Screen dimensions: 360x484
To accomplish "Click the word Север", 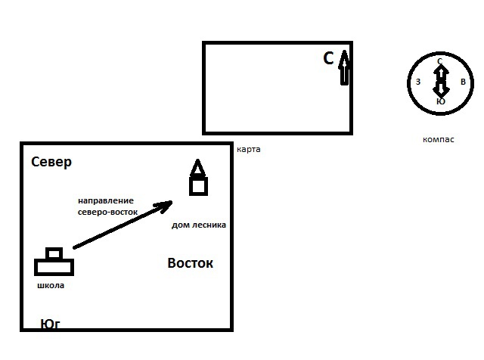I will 51,163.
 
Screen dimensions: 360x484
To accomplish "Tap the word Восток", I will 190,263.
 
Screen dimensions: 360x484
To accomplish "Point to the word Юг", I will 50,324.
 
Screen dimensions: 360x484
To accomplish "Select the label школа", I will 51,286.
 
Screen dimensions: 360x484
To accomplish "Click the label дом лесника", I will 199,225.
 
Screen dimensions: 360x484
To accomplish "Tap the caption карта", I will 248,149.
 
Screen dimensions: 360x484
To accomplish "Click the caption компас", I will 439,139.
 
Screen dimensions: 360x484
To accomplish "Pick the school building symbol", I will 54,262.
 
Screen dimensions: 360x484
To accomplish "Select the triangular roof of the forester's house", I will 197,168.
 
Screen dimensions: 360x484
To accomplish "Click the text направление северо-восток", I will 107,206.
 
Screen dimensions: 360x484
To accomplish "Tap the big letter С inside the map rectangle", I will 328,58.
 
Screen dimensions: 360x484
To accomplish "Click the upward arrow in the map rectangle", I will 345,67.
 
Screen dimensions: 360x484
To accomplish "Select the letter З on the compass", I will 417,82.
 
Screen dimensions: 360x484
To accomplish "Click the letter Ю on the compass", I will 440,101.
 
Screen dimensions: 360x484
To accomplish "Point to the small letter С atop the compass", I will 440,61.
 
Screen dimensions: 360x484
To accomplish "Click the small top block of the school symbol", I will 54,253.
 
